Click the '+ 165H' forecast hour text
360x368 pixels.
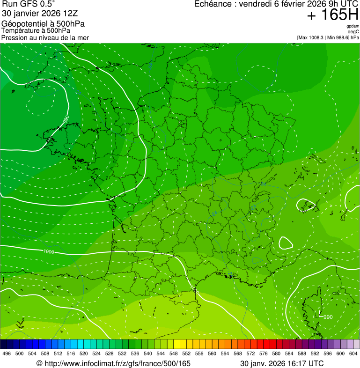point(332,15)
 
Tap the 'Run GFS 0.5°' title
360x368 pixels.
point(29,4)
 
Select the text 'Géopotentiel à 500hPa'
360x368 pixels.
point(43,24)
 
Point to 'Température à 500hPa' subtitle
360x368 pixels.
point(36,30)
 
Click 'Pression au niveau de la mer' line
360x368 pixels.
point(45,37)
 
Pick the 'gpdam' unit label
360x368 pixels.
point(353,26)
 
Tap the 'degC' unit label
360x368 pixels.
point(353,32)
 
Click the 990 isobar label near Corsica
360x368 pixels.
point(328,317)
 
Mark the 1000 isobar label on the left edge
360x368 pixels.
point(48,252)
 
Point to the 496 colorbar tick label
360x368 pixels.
point(7,353)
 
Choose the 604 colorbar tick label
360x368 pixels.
point(353,353)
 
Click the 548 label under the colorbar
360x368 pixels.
point(173,353)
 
